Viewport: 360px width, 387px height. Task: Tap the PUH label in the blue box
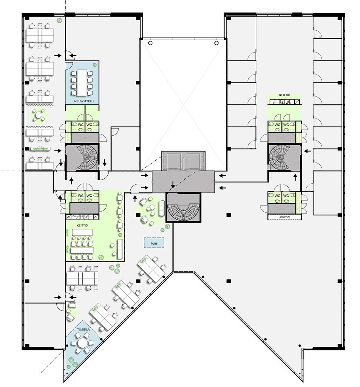click(154, 244)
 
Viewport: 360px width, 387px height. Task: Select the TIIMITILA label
click(83, 330)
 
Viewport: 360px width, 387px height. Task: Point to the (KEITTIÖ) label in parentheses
click(285, 217)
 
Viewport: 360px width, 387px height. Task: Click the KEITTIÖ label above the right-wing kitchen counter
click(285, 95)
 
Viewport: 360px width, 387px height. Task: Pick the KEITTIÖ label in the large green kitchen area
click(82, 226)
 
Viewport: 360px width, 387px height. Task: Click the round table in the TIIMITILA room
click(82, 342)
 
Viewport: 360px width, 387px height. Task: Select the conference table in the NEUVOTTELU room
click(82, 83)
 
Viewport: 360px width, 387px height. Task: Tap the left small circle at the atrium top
click(150, 43)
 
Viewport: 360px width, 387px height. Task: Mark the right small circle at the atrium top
click(216, 43)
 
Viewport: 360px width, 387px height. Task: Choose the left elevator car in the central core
click(174, 161)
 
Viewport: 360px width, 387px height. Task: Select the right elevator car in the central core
click(193, 161)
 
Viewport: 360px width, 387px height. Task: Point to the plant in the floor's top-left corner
click(59, 20)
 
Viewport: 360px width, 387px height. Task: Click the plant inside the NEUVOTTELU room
click(94, 65)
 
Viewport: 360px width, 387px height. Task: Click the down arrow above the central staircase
click(173, 184)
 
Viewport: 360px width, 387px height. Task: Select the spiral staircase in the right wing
click(279, 157)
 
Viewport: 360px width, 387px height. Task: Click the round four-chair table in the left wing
click(39, 115)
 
